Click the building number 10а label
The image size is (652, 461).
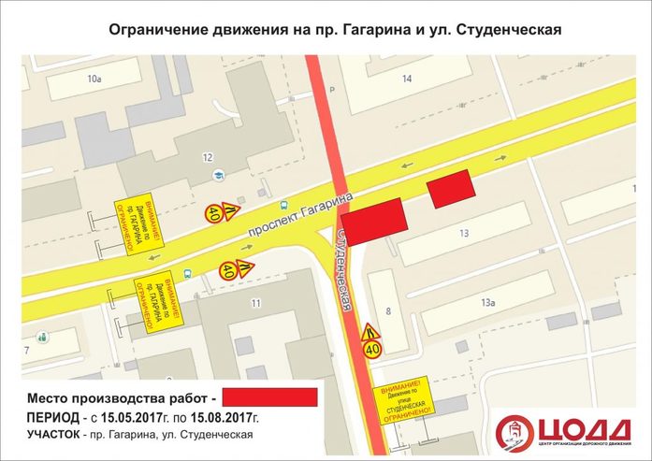pos(94,79)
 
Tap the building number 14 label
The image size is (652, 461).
pos(406,79)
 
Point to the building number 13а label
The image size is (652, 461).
pos(487,302)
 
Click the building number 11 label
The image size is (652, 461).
pos(254,302)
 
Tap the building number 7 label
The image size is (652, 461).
pos(27,350)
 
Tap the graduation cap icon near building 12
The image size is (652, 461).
pos(217,175)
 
